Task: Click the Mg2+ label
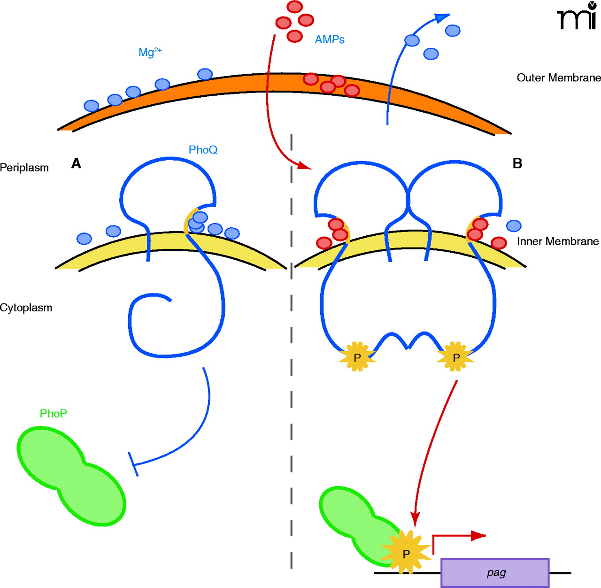150,52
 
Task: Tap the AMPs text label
329,40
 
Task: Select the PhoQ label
203,150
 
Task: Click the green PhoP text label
53,414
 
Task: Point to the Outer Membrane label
558,78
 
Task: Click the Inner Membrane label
558,241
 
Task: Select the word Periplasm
24,168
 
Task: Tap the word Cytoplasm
26,308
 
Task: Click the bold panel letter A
76,163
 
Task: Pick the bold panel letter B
517,163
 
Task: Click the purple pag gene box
495,573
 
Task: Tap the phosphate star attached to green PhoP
406,553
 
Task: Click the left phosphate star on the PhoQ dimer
357,357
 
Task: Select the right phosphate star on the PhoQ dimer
455,357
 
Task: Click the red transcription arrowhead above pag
478,536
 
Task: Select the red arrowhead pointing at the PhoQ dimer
305,166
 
